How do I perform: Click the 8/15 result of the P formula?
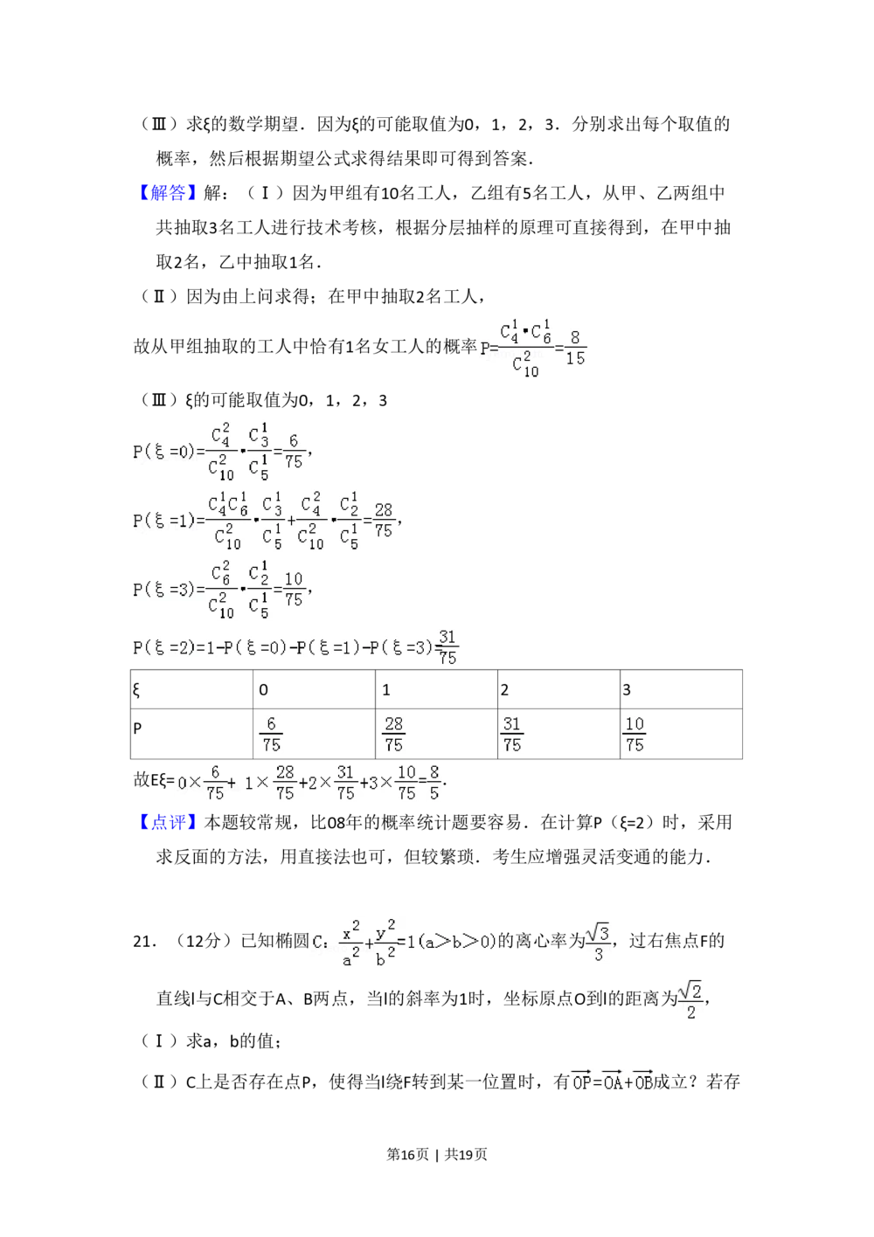click(574, 348)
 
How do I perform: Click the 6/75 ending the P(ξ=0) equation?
click(294, 452)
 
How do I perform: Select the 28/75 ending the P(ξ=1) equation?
click(383, 520)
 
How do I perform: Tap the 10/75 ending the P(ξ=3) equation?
click(294, 590)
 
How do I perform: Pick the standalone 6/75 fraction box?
click(272, 734)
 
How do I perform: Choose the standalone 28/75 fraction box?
click(394, 734)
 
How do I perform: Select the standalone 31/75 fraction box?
click(512, 734)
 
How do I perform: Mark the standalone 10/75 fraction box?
click(635, 734)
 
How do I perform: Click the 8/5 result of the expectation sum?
click(434, 783)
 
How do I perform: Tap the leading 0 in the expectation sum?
click(182, 784)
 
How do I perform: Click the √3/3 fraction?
click(598, 941)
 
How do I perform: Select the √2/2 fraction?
click(690, 1002)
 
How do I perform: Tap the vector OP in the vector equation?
click(582, 1082)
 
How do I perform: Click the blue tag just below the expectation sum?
click(168, 821)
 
